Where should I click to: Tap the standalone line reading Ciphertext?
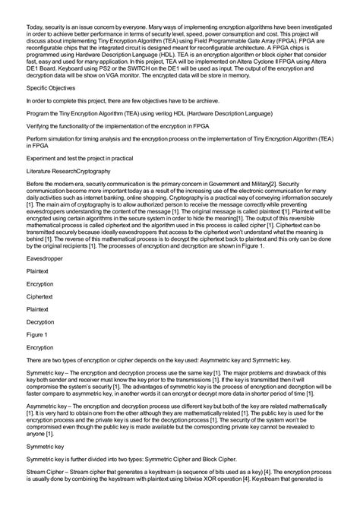43,299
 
